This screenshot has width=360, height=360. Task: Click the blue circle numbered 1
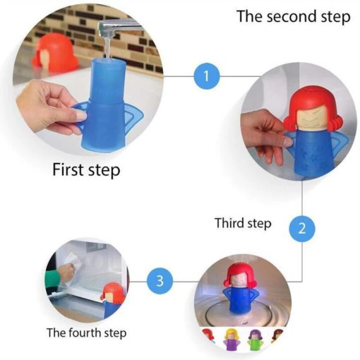tap(207, 76)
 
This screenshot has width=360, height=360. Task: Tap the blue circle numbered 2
tap(302, 228)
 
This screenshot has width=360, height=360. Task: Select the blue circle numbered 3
tap(160, 281)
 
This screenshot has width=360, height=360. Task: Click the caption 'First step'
tap(86, 170)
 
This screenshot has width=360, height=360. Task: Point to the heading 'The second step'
tap(294, 16)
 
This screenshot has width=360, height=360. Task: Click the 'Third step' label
tap(243, 223)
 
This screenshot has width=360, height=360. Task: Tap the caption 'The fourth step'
tap(87, 333)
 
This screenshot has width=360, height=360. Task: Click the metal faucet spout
tap(120, 28)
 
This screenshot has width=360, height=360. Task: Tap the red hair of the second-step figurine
tap(312, 104)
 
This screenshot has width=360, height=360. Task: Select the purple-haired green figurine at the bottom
tap(256, 340)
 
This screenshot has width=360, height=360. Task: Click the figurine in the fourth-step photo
tap(113, 301)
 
